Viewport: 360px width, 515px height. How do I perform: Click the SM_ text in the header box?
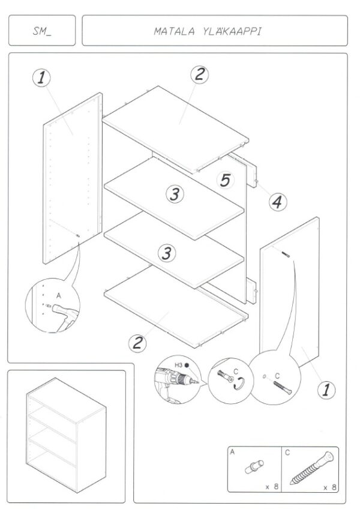click(x=42, y=31)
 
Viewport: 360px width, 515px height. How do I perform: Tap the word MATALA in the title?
click(x=174, y=32)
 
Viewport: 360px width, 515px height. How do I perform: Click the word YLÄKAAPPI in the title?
click(x=232, y=31)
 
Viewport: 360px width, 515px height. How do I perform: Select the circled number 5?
click(x=226, y=180)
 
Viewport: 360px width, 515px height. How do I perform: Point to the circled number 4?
click(x=278, y=202)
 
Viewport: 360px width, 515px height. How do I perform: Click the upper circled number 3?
click(x=175, y=194)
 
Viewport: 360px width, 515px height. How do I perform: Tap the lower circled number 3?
click(x=167, y=253)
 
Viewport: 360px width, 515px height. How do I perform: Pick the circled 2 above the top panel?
click(x=200, y=74)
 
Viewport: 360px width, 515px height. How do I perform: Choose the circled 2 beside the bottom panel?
click(x=137, y=343)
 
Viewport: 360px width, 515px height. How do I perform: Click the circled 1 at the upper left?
click(x=41, y=78)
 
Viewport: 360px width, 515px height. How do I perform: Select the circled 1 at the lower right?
click(x=326, y=390)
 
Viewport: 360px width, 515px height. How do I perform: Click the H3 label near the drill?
click(x=178, y=365)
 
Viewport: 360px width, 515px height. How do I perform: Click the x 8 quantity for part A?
click(x=272, y=486)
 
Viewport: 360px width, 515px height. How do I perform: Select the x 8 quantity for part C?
click(x=330, y=487)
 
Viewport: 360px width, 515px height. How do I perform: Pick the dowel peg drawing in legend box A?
click(x=254, y=466)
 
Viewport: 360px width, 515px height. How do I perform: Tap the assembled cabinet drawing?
click(x=66, y=435)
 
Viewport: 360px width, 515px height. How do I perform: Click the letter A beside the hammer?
click(x=59, y=296)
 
